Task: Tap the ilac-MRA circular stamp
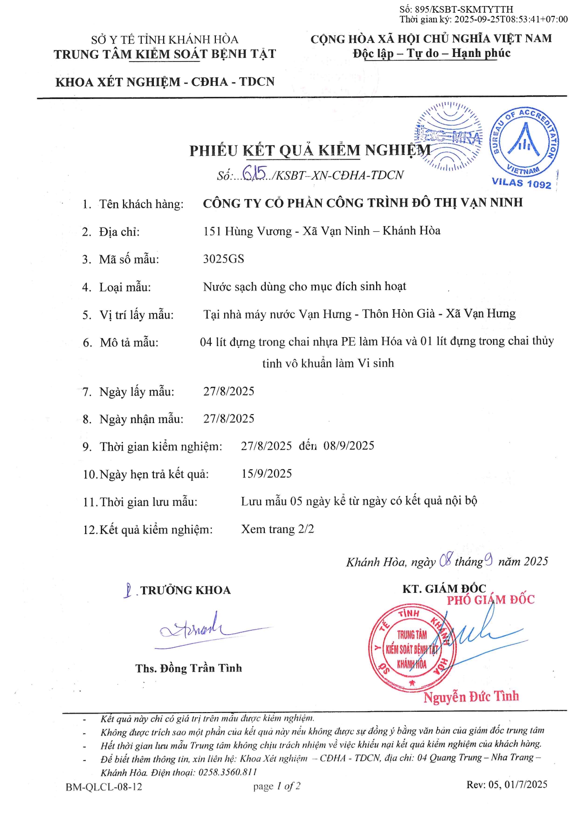click(448, 136)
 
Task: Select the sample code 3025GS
click(223, 259)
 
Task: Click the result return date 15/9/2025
click(266, 474)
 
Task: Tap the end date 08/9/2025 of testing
click(349, 446)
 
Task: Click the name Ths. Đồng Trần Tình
click(189, 668)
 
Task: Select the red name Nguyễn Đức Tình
click(471, 697)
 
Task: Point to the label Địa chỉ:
click(119, 232)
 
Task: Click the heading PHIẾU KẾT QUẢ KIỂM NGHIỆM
click(310, 151)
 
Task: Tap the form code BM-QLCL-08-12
click(103, 787)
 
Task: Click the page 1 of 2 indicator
click(277, 787)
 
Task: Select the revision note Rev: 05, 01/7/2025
click(507, 784)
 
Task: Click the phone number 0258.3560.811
click(228, 772)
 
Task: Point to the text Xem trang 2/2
click(277, 529)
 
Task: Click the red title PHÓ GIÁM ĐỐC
click(490, 600)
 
